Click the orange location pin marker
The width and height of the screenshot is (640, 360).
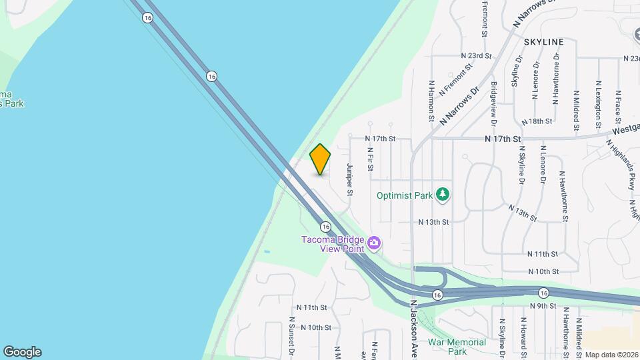(320, 159)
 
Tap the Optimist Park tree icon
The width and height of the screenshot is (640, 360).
(443, 195)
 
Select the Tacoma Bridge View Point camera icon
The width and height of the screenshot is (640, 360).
(375, 243)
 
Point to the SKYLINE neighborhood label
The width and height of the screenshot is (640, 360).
(543, 42)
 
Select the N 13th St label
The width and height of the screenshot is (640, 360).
(434, 221)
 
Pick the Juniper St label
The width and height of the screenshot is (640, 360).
(349, 180)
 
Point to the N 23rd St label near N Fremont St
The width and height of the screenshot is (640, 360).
(476, 56)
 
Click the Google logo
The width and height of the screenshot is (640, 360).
(22, 352)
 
